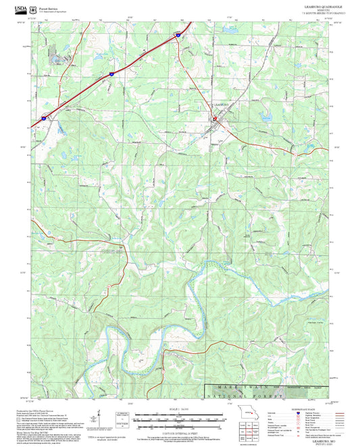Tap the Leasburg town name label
click(x=222, y=105)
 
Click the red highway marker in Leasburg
click(x=215, y=119)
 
